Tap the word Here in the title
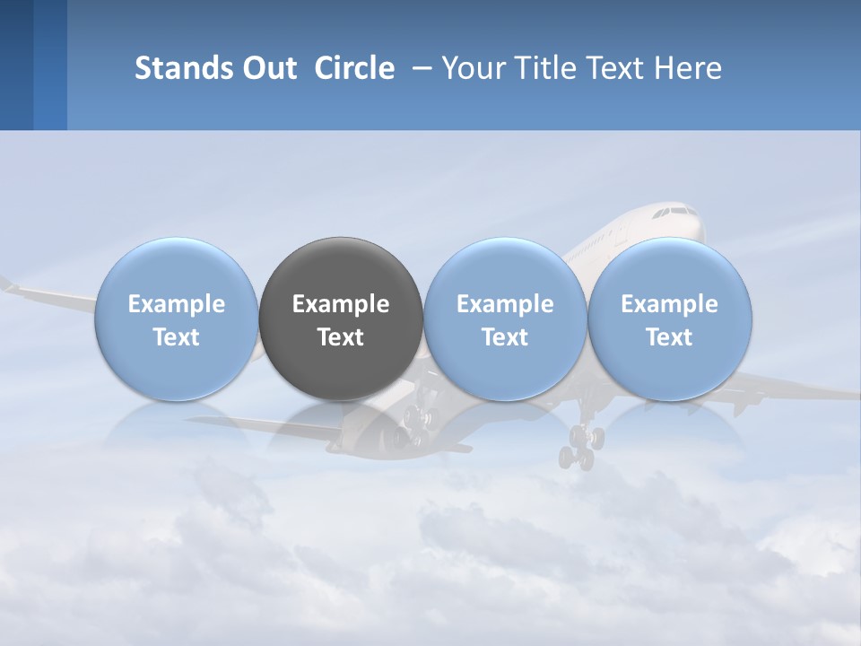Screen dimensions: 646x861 pyautogui.click(x=690, y=68)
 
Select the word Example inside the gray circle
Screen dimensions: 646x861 pyautogui.click(x=341, y=304)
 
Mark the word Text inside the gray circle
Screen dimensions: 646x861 pyautogui.click(x=341, y=337)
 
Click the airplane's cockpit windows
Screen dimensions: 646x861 pyautogui.click(x=674, y=214)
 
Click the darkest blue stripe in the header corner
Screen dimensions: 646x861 pyautogui.click(x=16, y=65)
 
